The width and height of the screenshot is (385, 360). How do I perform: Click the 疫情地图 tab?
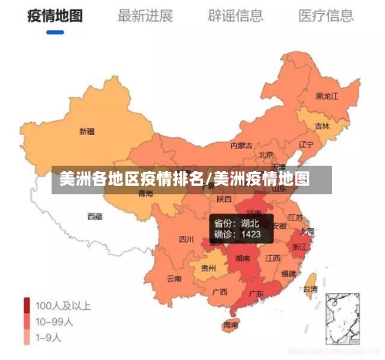coord(55,15)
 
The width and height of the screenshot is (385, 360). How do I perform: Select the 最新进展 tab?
coord(145,15)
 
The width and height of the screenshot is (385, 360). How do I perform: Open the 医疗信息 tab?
coord(326,15)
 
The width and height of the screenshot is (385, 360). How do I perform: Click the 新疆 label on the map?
coord(87,131)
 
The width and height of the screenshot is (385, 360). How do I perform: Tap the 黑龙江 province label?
coord(327,96)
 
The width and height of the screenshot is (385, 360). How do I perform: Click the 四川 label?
coord(186,239)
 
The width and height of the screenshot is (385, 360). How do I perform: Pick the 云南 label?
coord(174,278)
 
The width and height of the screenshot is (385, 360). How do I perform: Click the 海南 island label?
coord(230,325)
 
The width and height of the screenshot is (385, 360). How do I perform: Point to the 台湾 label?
coord(310,290)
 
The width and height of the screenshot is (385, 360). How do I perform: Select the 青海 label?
coord(146,193)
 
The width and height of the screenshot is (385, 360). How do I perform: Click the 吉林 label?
coord(322,126)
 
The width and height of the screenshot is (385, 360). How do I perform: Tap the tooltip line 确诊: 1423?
coord(237,234)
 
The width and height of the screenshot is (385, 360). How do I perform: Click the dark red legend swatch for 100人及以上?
coord(27,305)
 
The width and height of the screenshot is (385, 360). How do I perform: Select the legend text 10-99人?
coord(54,321)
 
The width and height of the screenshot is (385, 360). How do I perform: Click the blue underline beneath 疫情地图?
coord(55,32)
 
